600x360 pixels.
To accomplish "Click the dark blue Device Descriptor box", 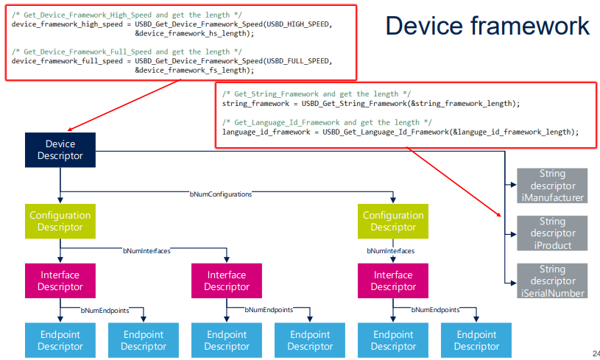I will [x=60, y=149].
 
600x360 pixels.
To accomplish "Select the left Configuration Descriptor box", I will [x=60, y=221].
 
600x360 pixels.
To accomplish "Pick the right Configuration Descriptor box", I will [x=393, y=221].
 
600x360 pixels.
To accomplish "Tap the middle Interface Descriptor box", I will [x=227, y=280].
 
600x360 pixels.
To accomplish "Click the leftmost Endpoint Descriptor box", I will [x=60, y=340].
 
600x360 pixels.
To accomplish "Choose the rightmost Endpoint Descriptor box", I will [x=476, y=340].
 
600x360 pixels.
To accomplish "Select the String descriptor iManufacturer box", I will [x=552, y=186].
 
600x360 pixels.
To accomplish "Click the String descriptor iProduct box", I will [x=552, y=233].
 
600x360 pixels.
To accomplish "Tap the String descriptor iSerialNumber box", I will [x=552, y=280].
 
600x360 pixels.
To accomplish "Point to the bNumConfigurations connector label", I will [x=221, y=194].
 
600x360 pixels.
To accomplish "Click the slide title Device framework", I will [x=487, y=26].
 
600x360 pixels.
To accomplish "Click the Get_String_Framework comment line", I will [x=317, y=94].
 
